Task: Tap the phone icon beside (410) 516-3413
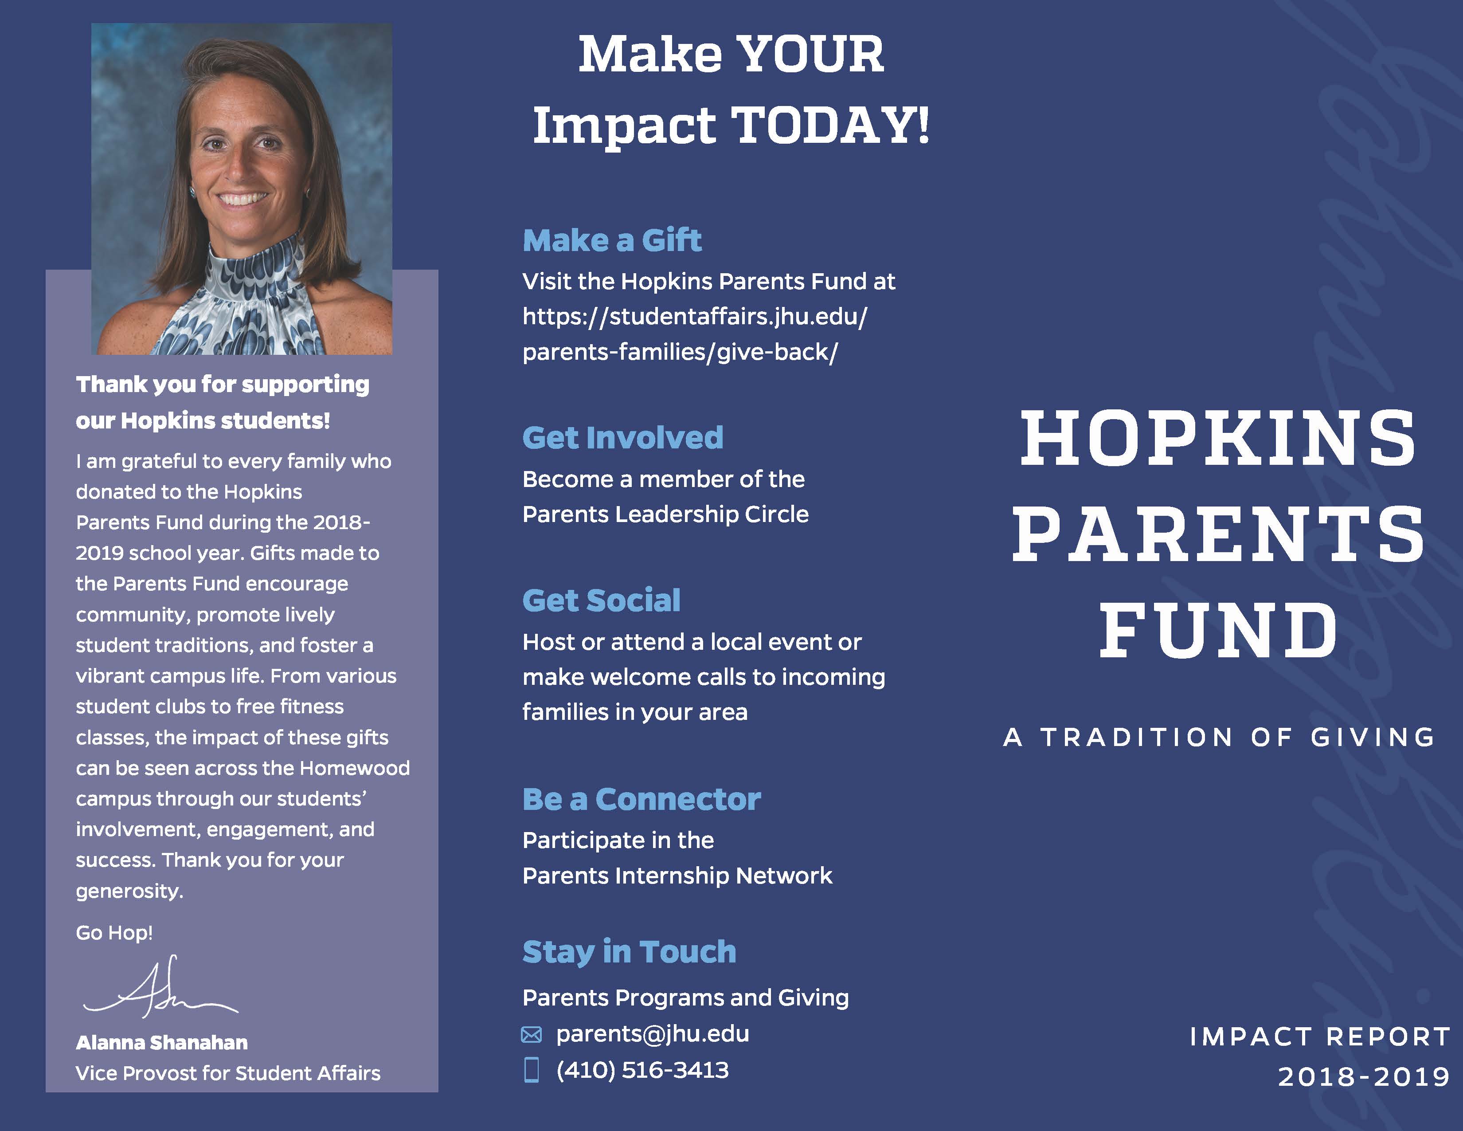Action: tap(531, 1070)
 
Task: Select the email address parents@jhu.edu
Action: tap(653, 1034)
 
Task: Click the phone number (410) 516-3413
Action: tap(642, 1070)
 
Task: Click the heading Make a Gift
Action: tap(612, 240)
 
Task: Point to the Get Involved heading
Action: tap(623, 437)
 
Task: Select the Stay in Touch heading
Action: tap(629, 951)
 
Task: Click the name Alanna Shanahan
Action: tap(161, 1043)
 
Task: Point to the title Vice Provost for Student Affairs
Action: tap(228, 1073)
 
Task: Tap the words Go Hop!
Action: tap(114, 933)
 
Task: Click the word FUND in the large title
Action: tap(1218, 630)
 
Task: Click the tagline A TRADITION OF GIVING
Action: tap(1218, 737)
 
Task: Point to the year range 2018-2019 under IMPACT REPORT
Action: tap(1364, 1077)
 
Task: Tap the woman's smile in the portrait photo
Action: tap(244, 199)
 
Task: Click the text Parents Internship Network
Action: tap(677, 876)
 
